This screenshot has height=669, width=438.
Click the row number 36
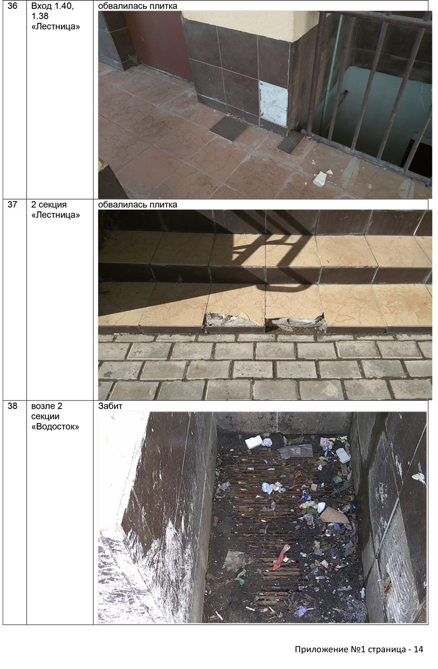12,6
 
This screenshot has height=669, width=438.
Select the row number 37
12,205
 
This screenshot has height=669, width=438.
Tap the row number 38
12,406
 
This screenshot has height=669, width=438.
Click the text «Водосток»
55,426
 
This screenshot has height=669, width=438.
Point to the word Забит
110,406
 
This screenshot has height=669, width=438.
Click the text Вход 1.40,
52,6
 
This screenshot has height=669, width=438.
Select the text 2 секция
49,205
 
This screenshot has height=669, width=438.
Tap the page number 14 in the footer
418,649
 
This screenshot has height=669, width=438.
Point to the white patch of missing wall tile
273,103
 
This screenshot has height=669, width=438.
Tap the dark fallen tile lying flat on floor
228,128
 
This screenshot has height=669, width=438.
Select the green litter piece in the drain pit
241,576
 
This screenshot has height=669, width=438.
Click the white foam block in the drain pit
254,442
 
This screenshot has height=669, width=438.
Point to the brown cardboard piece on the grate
334,516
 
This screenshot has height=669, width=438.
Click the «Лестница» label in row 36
56,27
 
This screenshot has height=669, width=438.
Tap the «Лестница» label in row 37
56,215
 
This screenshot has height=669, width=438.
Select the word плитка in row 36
164,6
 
